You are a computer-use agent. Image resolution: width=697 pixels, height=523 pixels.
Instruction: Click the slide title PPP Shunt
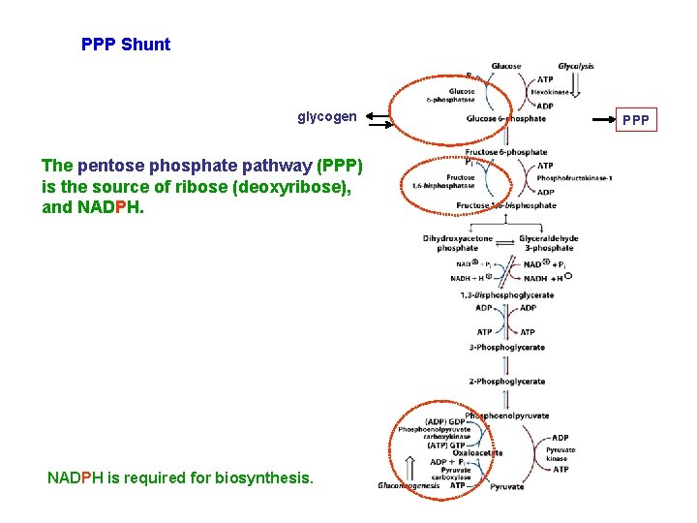coord(126,45)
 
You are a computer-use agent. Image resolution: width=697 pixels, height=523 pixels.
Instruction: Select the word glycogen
coord(326,116)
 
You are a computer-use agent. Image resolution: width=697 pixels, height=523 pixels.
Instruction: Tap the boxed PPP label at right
coord(635,121)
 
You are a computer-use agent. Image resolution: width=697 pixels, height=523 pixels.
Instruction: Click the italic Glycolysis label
coord(576,67)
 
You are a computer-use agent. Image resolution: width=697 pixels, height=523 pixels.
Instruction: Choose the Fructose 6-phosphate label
coord(506,152)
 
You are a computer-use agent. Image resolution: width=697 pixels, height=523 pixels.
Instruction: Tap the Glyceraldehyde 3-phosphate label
coord(548,243)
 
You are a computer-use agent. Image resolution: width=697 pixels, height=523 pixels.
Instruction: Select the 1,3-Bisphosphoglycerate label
coord(507,294)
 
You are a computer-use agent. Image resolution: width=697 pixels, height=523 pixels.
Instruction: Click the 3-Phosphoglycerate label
coord(507,347)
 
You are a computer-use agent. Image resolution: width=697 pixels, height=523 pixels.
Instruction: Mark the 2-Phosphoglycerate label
coord(507,381)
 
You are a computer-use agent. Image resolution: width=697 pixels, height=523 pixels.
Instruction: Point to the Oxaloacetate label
coord(475,452)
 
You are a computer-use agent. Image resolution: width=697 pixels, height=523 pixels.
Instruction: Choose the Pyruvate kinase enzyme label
coord(561,454)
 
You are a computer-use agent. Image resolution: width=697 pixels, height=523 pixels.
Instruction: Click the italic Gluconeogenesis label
coord(409,486)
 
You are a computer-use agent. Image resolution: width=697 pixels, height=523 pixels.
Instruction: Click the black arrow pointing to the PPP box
coord(591,120)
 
